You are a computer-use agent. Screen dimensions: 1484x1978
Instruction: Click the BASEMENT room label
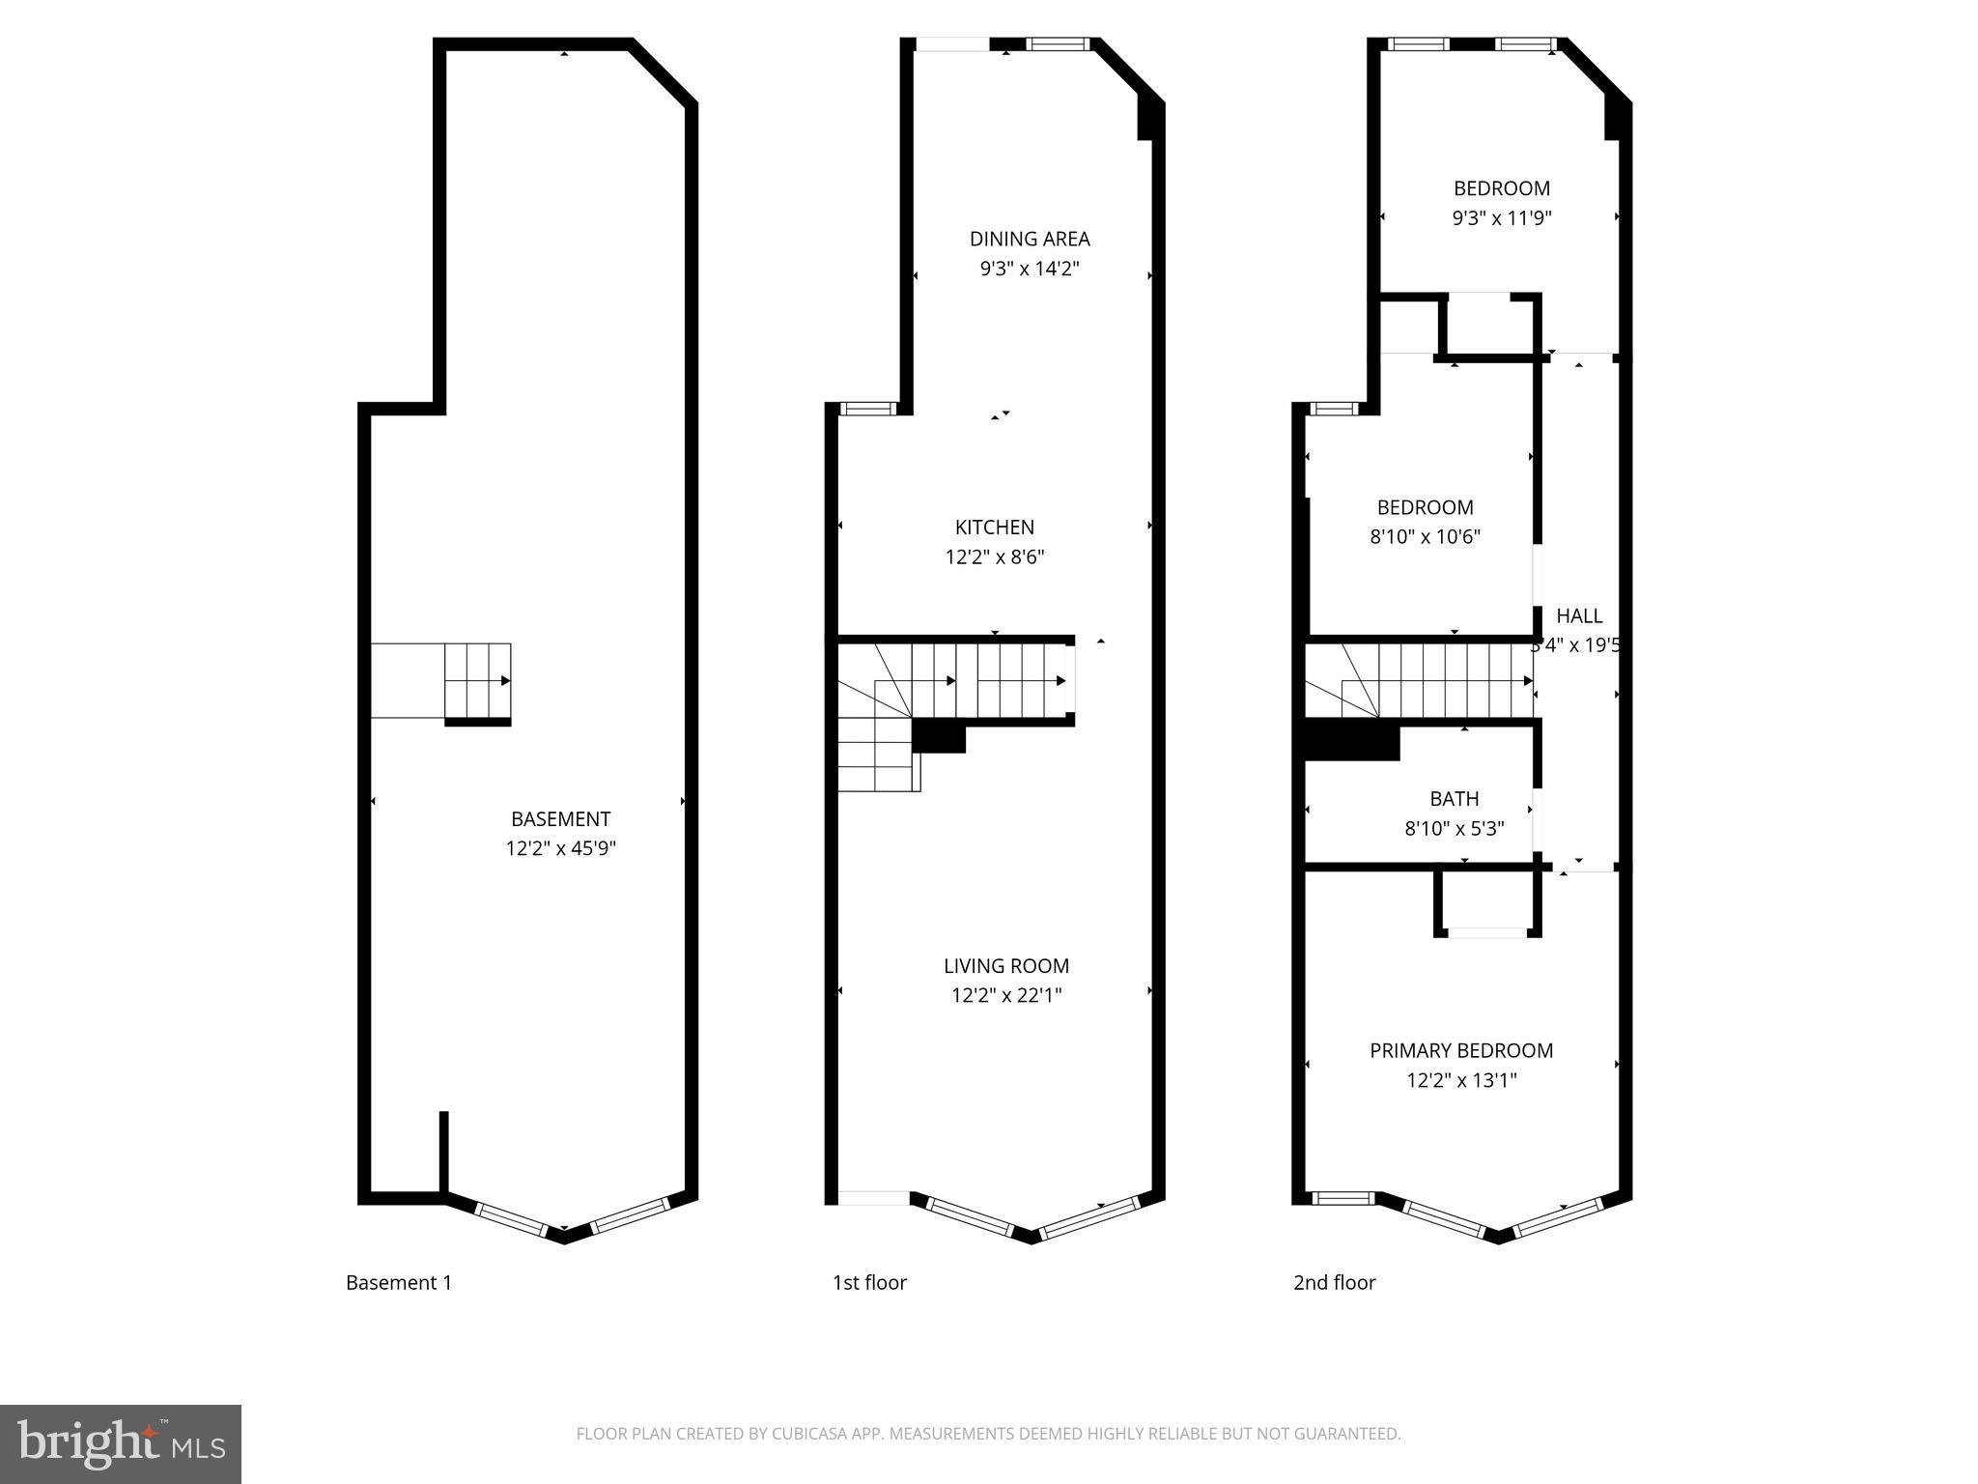coord(560,819)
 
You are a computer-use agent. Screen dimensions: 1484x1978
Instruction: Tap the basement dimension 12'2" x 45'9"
coord(560,849)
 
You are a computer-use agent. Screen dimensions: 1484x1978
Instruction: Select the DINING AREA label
coord(1030,239)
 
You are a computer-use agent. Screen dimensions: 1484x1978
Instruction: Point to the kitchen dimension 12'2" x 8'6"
coord(995,557)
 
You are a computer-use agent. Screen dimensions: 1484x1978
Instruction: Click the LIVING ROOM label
coord(1006,966)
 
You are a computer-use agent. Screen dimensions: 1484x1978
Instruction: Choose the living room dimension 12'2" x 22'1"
coord(1006,996)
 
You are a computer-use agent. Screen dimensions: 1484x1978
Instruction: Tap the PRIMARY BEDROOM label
coord(1461,1051)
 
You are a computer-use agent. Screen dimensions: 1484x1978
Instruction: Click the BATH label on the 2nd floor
coord(1455,799)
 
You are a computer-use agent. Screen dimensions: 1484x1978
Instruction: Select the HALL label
coord(1579,616)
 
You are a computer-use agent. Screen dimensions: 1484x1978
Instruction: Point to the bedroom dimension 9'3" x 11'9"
coord(1502,218)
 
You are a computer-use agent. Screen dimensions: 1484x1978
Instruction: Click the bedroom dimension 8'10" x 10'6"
coord(1425,537)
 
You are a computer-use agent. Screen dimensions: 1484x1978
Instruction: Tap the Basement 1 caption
coord(399,1283)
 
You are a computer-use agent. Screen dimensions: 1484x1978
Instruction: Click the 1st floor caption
coord(869,1283)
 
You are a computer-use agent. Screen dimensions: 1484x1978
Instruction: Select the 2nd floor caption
coord(1334,1283)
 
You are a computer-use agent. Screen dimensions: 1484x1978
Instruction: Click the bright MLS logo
coord(121,1443)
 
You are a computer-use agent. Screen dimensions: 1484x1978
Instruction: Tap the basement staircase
coord(477,681)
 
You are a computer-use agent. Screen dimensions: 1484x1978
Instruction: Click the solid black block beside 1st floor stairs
coord(939,737)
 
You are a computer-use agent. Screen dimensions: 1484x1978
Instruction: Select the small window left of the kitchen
coord(868,409)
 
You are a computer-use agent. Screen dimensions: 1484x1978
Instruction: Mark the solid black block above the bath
coord(1352,742)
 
